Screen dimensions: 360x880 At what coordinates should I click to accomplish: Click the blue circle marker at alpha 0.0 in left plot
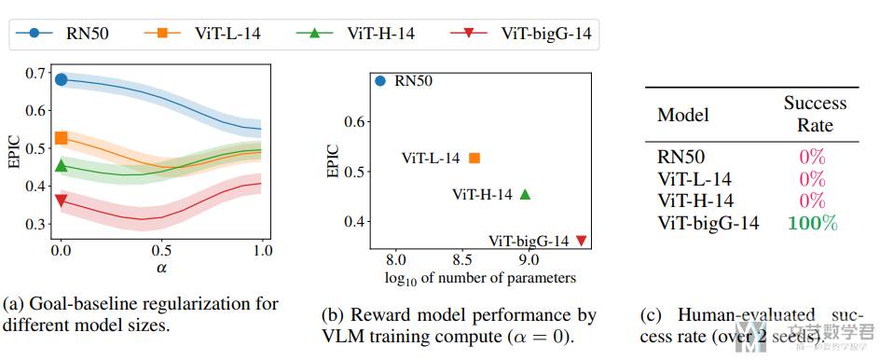click(62, 79)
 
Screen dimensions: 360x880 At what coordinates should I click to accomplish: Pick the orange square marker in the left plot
click(62, 138)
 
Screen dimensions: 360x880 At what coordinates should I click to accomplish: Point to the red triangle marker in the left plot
click(62, 200)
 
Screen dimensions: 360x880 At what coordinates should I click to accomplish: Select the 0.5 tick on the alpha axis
click(161, 251)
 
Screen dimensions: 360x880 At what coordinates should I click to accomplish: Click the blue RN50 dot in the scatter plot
click(380, 80)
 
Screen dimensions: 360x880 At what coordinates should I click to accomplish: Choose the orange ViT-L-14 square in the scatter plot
click(474, 158)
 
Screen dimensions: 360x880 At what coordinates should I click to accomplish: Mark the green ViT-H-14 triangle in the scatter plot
click(525, 194)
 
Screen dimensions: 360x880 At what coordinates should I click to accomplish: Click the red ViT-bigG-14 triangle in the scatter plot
click(582, 241)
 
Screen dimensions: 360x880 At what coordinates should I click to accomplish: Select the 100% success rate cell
click(812, 223)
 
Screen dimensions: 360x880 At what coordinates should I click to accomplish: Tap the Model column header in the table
click(683, 115)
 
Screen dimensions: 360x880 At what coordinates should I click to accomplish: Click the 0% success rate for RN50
click(812, 158)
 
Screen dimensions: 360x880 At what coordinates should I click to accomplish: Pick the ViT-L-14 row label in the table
click(694, 179)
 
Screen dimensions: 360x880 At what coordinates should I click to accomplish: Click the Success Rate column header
click(814, 114)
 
